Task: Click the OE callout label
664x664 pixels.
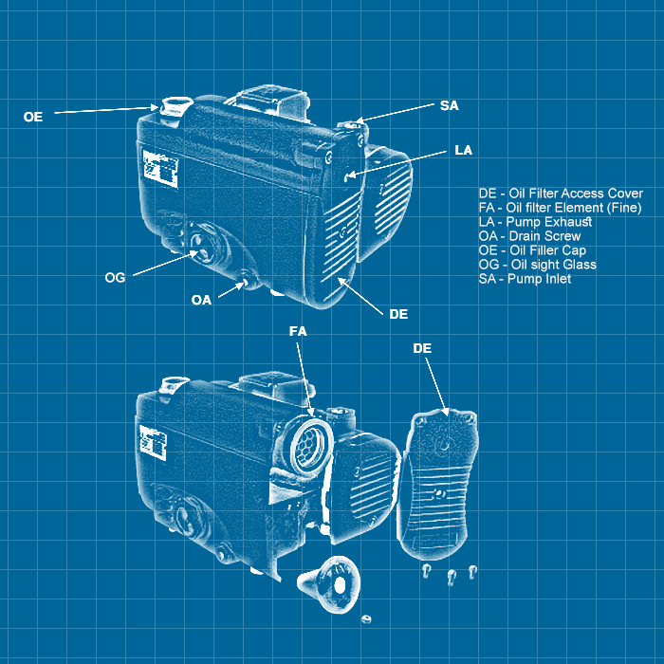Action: click(33, 117)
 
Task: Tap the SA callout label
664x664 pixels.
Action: click(449, 105)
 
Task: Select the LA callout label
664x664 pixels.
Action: click(463, 150)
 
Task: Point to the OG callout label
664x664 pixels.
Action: click(115, 277)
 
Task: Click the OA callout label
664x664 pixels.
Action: click(201, 300)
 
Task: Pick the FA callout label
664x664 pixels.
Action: click(298, 332)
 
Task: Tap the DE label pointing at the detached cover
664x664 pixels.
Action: click(422, 349)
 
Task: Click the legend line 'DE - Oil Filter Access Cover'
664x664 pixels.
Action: click(561, 194)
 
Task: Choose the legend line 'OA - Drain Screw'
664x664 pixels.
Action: click(529, 236)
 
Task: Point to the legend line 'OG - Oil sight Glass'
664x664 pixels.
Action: click(537, 265)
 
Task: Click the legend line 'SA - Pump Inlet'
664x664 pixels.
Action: click(525, 279)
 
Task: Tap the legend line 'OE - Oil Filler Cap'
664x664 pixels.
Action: click(532, 250)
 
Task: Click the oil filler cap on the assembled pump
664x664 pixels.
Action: click(174, 105)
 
